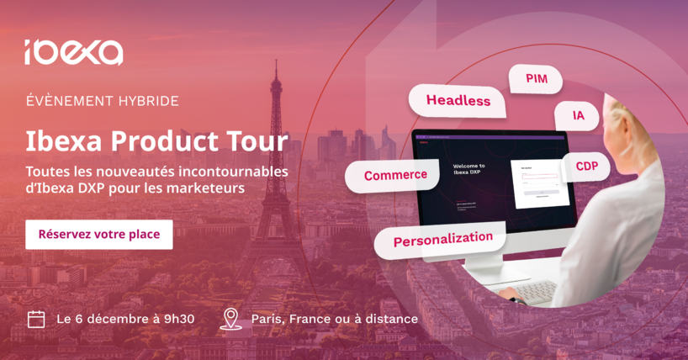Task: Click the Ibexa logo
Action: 73,52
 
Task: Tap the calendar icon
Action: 36,319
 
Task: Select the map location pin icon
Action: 230,319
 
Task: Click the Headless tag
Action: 458,101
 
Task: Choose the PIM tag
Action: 536,79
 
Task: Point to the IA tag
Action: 578,116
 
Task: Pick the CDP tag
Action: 586,167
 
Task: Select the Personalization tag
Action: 442,239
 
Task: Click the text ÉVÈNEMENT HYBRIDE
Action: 102,101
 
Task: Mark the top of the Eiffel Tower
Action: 275,64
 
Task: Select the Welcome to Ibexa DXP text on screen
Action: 468,170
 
